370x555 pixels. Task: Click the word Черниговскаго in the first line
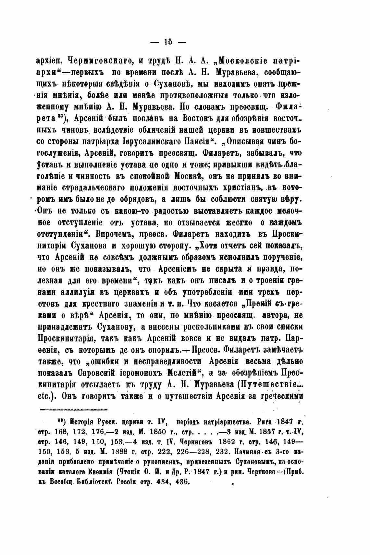[x=98, y=60]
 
